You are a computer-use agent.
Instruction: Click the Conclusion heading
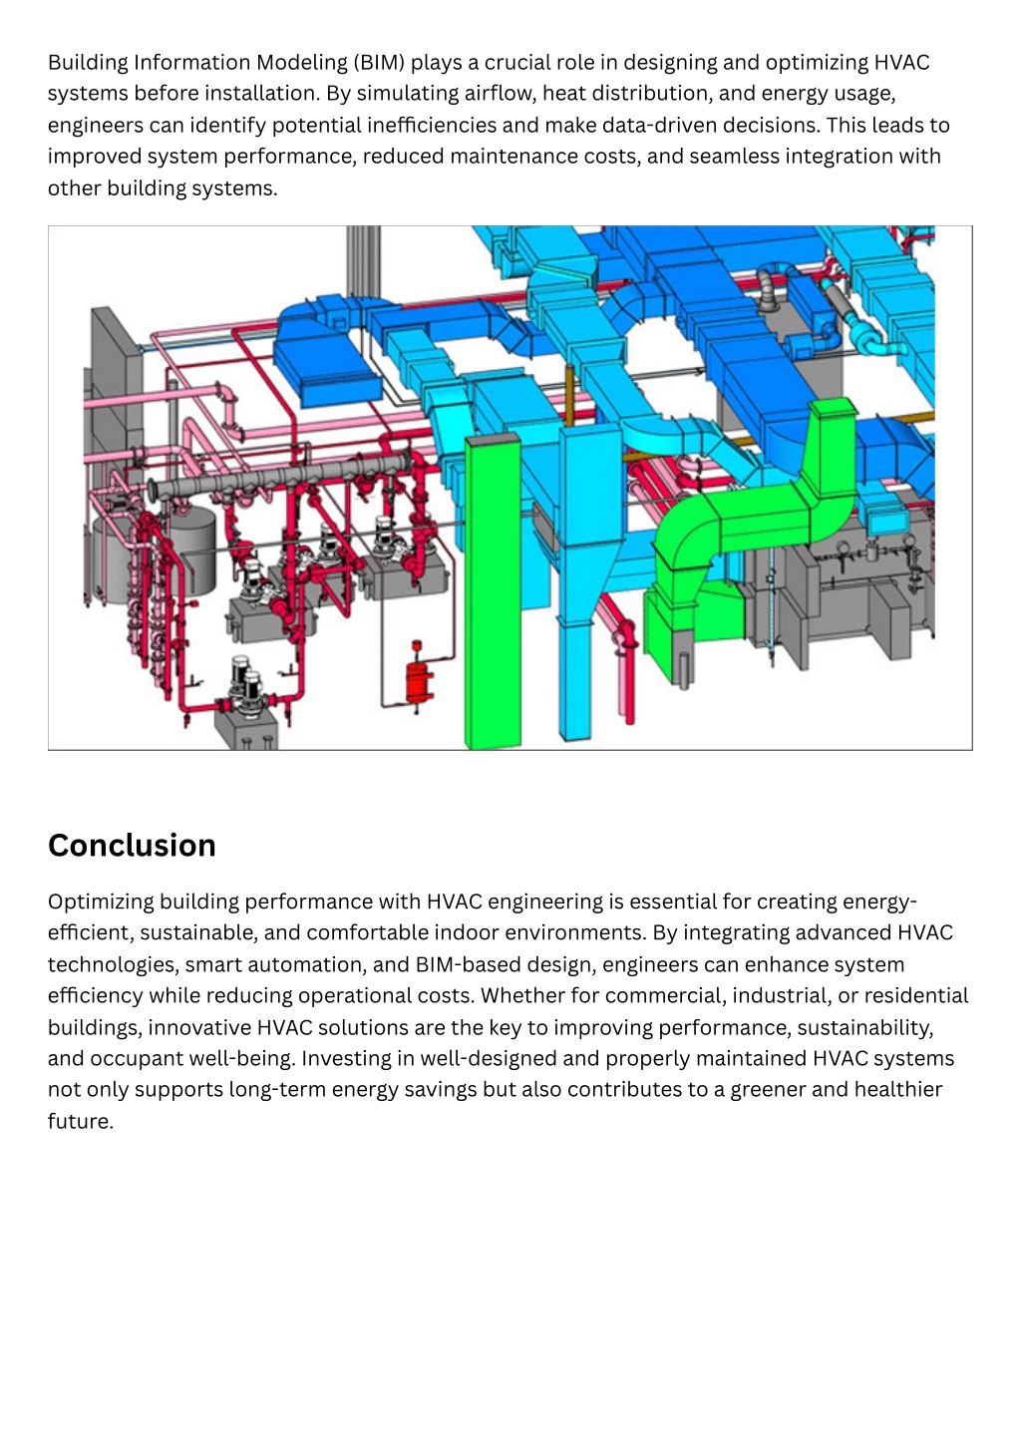[132, 846]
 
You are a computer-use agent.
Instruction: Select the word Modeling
[302, 63]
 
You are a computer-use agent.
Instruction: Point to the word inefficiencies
[432, 125]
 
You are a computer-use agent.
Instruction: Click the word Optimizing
[101, 902]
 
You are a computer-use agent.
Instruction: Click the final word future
[80, 1122]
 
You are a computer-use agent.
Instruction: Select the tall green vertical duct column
[493, 591]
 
